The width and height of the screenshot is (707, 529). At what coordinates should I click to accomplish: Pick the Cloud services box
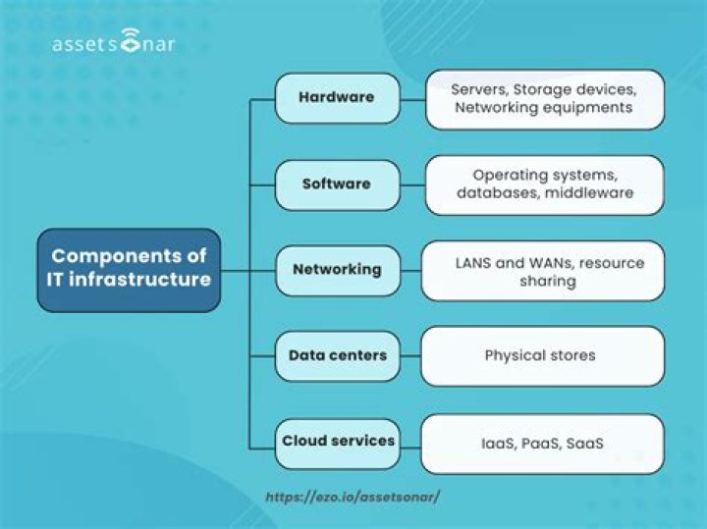point(338,441)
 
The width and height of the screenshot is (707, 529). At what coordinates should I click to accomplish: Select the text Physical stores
point(539,355)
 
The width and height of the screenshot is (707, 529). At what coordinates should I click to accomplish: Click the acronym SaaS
point(584,444)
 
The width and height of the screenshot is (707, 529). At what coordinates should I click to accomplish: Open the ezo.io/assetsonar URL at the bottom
point(353,497)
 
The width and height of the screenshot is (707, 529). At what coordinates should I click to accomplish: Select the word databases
point(493,193)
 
